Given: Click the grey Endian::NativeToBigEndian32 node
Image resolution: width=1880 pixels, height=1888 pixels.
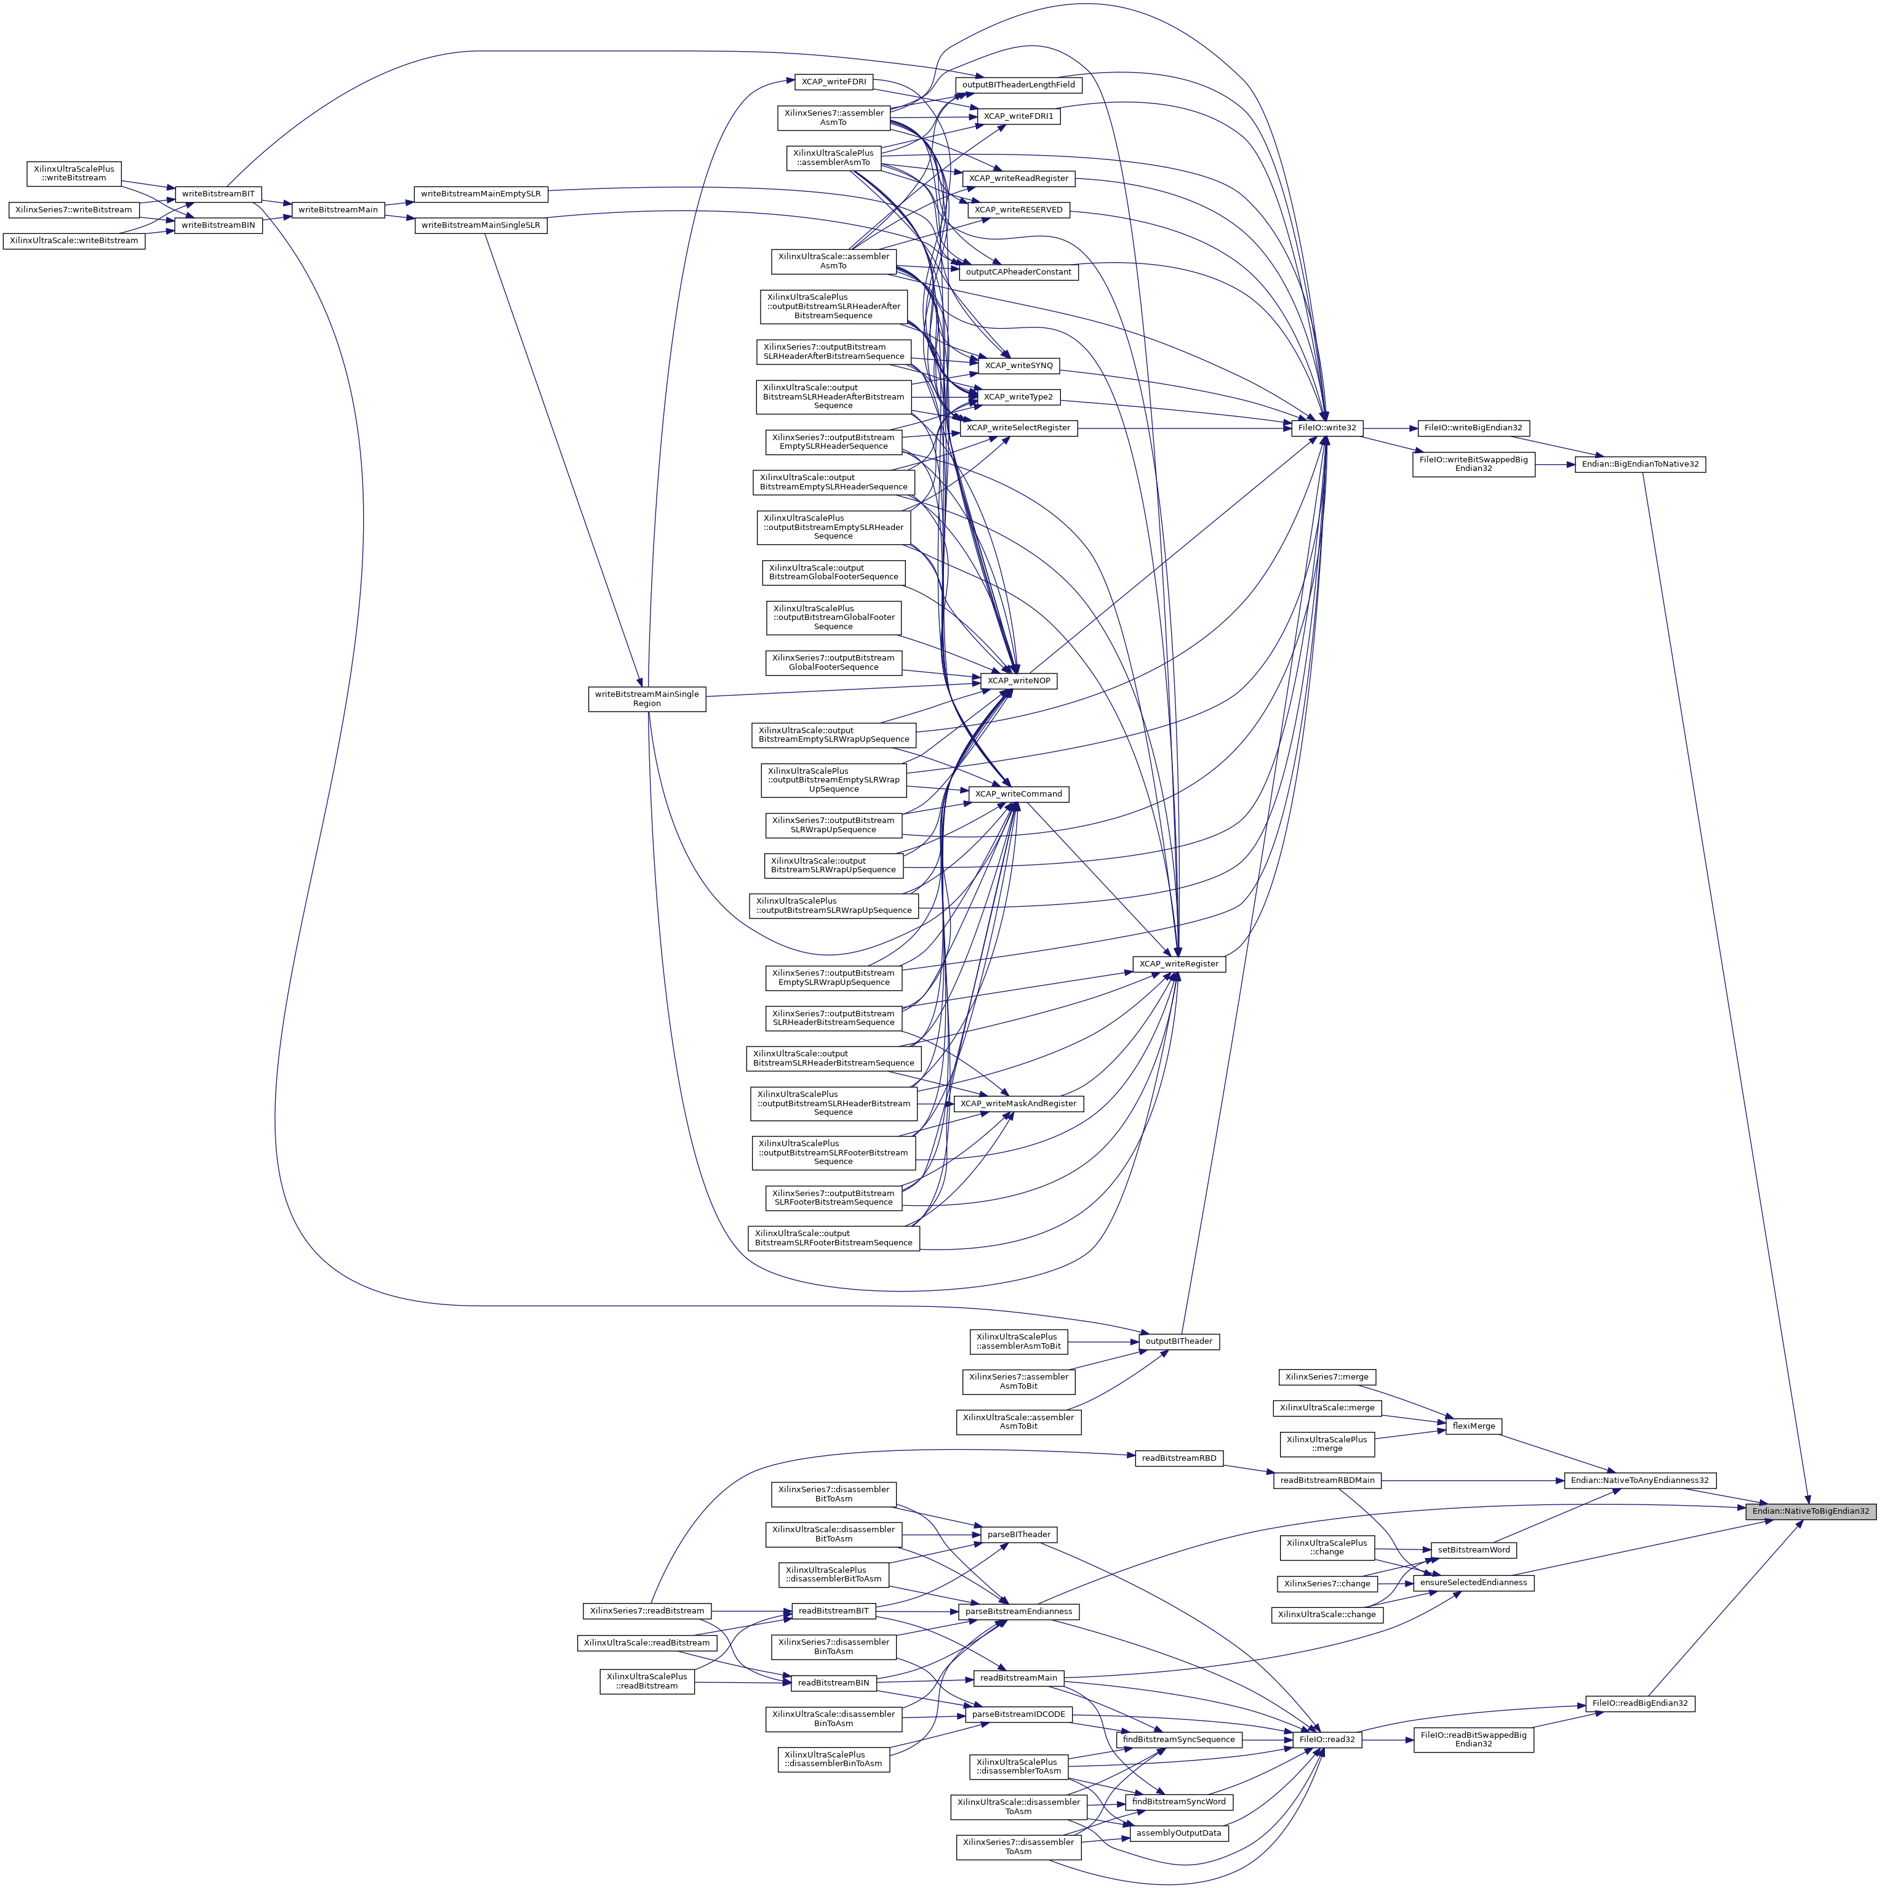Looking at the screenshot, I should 1810,1511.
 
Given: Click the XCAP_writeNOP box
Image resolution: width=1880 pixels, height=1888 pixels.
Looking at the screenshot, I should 1018,680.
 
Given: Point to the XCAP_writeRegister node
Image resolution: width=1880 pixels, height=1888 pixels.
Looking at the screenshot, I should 1178,963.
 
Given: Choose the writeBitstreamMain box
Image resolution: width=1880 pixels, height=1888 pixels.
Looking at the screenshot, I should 337,209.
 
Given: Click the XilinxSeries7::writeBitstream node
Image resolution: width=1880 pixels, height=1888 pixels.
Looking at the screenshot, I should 73,209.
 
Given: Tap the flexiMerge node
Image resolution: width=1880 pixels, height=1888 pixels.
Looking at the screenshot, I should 1473,1426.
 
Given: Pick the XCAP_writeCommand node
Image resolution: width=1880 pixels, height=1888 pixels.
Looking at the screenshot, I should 1018,793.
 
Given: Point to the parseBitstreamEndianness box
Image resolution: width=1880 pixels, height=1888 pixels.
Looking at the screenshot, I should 1018,1612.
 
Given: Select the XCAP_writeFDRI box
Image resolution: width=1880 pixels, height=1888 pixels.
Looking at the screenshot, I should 833,82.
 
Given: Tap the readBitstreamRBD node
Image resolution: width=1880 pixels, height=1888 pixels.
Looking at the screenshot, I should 1178,1458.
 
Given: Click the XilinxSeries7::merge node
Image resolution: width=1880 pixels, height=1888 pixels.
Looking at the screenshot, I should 1327,1377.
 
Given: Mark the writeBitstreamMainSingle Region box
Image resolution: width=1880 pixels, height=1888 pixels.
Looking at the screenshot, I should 647,699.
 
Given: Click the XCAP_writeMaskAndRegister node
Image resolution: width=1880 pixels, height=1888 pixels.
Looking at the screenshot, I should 1018,1103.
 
